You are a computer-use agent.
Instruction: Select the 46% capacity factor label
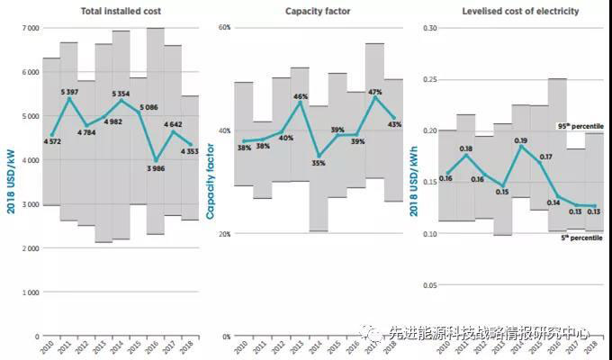(x=300, y=96)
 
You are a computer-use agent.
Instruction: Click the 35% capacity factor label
(x=319, y=163)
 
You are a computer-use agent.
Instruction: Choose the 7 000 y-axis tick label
(x=29, y=28)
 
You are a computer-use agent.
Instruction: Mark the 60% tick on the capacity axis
(x=224, y=28)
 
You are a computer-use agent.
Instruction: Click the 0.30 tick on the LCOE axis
(x=429, y=28)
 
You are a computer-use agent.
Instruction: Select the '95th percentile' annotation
(x=575, y=127)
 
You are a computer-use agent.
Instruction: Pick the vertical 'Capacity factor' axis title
(x=210, y=171)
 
